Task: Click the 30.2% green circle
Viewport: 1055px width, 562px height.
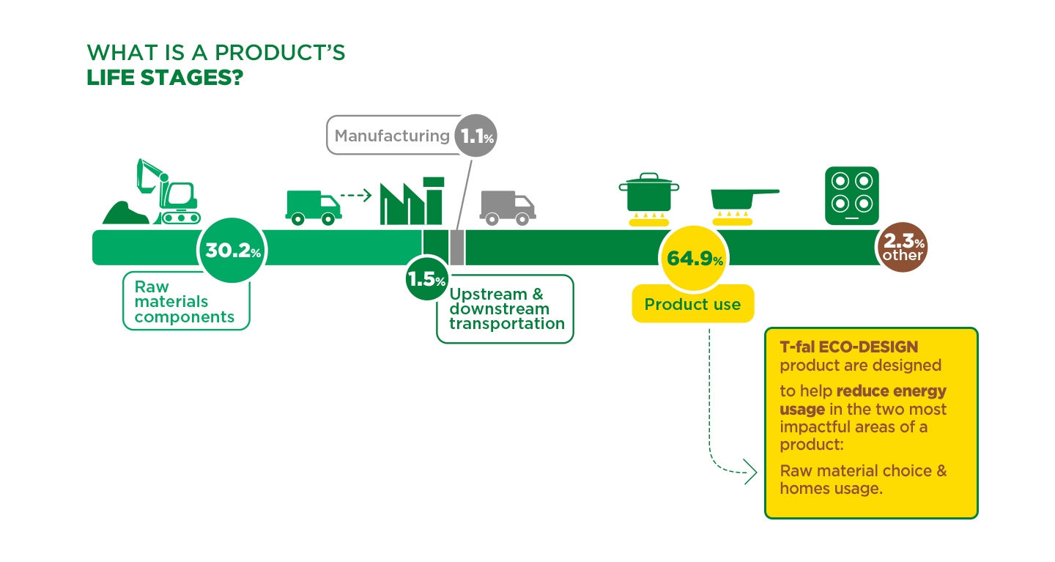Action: (232, 250)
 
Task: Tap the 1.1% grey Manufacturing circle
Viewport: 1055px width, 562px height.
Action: (475, 136)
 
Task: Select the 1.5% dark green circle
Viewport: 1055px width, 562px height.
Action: (426, 278)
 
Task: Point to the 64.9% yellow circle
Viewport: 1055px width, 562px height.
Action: (694, 258)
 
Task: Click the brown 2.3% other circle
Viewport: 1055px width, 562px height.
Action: (903, 248)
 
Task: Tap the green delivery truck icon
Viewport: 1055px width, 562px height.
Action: (314, 208)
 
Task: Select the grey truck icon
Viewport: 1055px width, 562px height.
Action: (508, 208)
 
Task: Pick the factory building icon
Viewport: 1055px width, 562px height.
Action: (412, 201)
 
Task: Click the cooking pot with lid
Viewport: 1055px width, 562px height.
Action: (649, 192)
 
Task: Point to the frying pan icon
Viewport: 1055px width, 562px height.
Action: (744, 199)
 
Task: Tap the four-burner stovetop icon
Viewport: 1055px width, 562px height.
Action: (852, 196)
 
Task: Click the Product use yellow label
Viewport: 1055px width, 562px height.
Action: (693, 304)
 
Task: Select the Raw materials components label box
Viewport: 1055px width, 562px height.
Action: (186, 301)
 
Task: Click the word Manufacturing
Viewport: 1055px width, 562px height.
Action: (392, 136)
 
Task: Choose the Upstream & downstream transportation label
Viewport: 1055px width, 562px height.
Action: (505, 309)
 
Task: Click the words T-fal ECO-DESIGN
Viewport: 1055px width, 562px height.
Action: (848, 347)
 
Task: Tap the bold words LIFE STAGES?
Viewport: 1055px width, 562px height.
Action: (165, 78)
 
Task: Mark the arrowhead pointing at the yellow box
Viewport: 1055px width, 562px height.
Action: (751, 472)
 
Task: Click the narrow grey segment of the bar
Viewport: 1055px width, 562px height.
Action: (457, 248)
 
